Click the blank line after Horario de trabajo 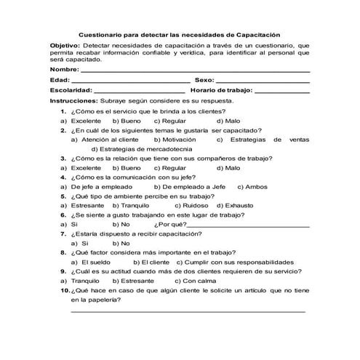coord(284,92)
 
